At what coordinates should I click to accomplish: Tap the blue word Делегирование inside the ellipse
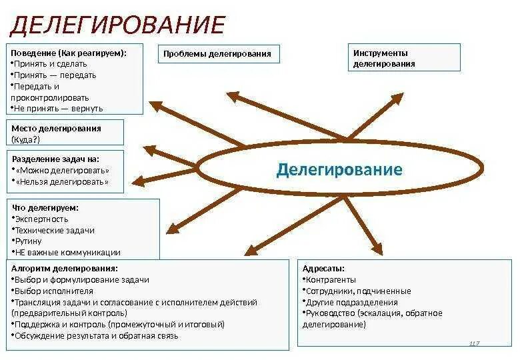pos(339,169)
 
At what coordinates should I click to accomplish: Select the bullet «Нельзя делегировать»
pos(62,181)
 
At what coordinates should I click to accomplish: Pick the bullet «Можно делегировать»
pos(61,170)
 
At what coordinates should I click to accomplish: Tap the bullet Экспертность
pos(42,219)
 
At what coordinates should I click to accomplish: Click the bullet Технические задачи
pos(55,230)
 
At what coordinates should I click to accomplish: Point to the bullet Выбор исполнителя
pos(54,291)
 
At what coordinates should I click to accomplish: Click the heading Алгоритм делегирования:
pos(65,268)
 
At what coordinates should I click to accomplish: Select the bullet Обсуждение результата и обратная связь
pos(97,336)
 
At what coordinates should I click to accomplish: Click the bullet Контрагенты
pos(331,280)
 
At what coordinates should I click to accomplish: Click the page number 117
pos(475,343)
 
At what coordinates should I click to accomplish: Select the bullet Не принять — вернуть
pos(59,108)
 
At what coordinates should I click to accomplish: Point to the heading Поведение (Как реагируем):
pos(69,52)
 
